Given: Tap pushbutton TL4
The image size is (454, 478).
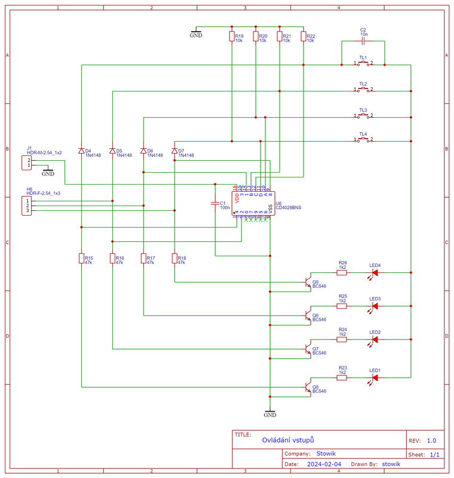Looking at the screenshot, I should (x=363, y=140).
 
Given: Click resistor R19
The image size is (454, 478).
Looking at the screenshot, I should (x=232, y=37).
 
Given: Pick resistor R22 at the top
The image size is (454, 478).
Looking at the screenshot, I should (x=303, y=37).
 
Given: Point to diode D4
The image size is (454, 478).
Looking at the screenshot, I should (x=81, y=151).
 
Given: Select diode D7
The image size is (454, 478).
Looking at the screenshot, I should (x=174, y=151).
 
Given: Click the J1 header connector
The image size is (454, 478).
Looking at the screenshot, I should (x=26, y=163).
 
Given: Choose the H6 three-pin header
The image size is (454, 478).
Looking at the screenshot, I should (x=26, y=206).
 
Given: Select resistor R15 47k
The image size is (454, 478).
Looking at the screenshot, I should (x=81, y=258).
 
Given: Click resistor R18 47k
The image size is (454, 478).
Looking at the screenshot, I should (x=174, y=258).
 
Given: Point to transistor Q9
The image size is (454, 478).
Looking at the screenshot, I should (x=307, y=281).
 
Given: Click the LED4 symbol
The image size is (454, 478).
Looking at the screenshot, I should (x=375, y=272).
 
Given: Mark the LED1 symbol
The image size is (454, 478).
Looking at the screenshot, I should (x=375, y=378).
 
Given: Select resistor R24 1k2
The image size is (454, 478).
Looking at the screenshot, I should (x=342, y=339).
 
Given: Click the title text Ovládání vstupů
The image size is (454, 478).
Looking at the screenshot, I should (x=287, y=440).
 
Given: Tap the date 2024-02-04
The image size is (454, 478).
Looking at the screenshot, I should (x=324, y=464).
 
